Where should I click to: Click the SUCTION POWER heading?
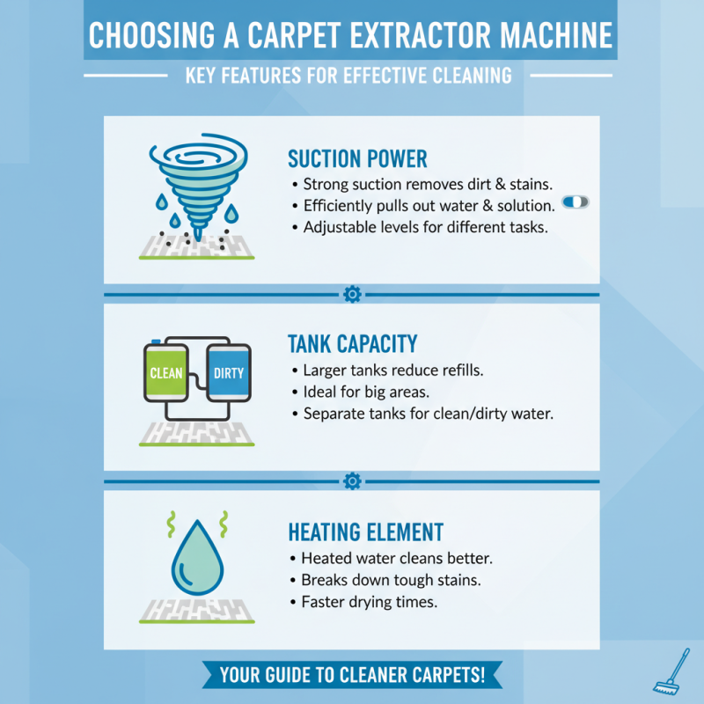357,159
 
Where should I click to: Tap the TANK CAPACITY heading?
352,343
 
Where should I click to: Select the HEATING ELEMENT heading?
365,532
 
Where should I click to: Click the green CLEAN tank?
166,373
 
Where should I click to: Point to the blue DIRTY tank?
229,373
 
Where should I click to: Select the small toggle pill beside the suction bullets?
575,202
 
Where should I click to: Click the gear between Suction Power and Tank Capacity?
352,294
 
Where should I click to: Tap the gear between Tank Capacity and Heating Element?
352,481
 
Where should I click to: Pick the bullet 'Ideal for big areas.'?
365,392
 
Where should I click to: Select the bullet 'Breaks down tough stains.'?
385,581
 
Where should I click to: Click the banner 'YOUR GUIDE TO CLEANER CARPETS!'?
352,676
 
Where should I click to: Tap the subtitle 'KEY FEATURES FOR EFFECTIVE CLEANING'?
348,76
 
